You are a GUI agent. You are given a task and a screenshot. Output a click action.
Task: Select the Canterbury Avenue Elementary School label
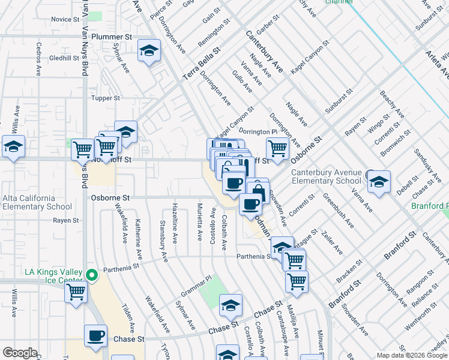pyautogui.click(x=326, y=176)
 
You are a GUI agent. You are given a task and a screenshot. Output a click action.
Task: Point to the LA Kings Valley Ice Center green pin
pyautogui.click(x=91, y=276)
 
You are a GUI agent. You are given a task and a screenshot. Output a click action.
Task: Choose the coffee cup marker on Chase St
pyautogui.click(x=95, y=335)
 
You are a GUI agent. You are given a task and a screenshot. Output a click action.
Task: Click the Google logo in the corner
pyautogui.click(x=20, y=353)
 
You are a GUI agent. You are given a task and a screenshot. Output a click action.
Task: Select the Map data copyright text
pyautogui.click(x=411, y=355)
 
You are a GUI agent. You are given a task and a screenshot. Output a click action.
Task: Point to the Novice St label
pyautogui.click(x=61, y=19)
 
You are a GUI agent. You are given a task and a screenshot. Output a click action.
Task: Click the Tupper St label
pyautogui.click(x=106, y=98)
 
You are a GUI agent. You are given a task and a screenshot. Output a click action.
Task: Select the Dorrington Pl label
pyautogui.click(x=258, y=131)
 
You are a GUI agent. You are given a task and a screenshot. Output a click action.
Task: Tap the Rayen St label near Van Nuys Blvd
pyautogui.click(x=66, y=220)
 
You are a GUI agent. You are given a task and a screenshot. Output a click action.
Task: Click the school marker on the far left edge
pyautogui.click(x=13, y=146)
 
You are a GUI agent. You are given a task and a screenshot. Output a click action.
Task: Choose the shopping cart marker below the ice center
pyautogui.click(x=76, y=292)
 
